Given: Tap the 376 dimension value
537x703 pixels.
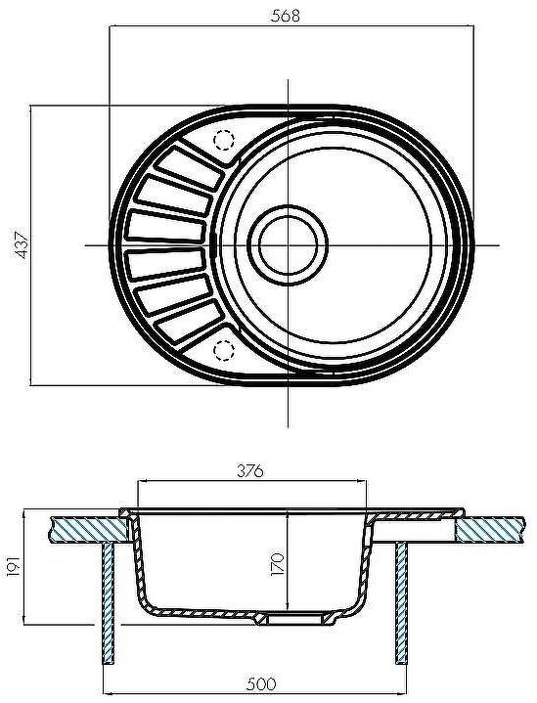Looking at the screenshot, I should point(252,471).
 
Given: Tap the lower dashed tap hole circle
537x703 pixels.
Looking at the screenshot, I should point(224,348).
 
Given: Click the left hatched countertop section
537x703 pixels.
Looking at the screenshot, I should point(88,529).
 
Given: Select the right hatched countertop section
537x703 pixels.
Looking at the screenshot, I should point(495,529).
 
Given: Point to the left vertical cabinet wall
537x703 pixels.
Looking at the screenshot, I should point(107,606).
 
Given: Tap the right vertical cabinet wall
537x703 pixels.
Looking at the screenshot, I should point(402,606).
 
